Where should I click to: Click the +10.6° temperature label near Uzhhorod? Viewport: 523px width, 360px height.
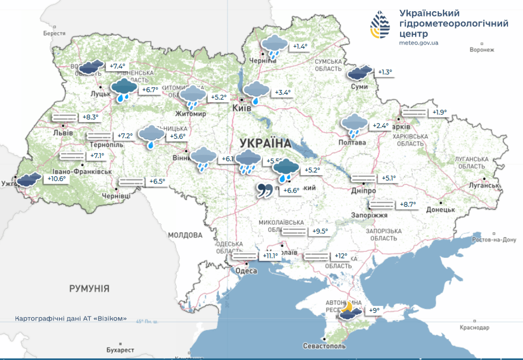click(x=57, y=179)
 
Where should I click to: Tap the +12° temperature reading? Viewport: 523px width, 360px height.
click(x=341, y=256)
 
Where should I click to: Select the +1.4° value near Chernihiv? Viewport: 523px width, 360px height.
click(x=300, y=46)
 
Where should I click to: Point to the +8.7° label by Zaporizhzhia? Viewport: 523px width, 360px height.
click(x=408, y=204)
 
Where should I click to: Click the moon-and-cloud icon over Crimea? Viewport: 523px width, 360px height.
click(x=349, y=311)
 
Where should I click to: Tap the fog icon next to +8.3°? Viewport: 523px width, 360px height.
click(x=65, y=117)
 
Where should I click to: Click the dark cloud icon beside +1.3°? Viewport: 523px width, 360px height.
click(x=359, y=72)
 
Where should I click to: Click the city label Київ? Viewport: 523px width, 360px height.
click(x=242, y=108)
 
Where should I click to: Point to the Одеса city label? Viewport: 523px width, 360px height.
click(x=246, y=271)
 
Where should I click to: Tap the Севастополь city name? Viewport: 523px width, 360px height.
click(x=324, y=346)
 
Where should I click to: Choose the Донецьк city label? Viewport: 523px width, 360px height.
click(x=440, y=210)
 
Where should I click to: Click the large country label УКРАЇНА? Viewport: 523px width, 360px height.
click(x=266, y=143)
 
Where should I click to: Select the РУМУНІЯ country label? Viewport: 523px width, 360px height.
click(x=89, y=288)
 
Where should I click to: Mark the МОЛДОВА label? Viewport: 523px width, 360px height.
click(x=185, y=235)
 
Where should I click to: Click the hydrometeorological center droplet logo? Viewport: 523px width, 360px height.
click(x=380, y=25)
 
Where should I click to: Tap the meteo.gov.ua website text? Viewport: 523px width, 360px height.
click(x=418, y=43)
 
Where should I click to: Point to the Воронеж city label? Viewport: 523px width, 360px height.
click(x=482, y=50)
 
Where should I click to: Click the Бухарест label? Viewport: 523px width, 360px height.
click(x=120, y=350)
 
